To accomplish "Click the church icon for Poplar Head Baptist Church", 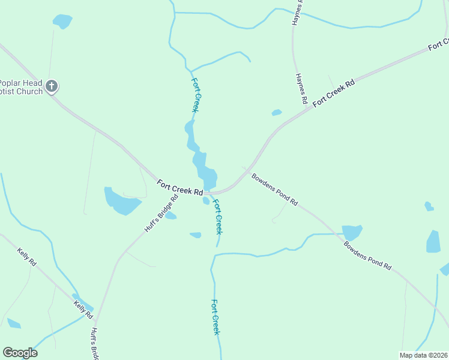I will pyautogui.click(x=52, y=86).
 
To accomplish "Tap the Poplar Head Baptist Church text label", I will pyautogui.click(x=22, y=87).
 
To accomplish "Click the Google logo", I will pyautogui.click(x=20, y=352).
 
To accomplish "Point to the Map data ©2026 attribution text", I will pyautogui.click(x=423, y=355).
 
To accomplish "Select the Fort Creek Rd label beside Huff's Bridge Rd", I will pyautogui.click(x=179, y=188).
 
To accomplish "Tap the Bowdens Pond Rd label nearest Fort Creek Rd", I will pyautogui.click(x=274, y=190).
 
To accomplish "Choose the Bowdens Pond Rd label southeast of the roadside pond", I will pyautogui.click(x=367, y=255).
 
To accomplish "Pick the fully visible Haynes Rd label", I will pyautogui.click(x=301, y=88).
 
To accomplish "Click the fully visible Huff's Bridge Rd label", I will pyautogui.click(x=161, y=214).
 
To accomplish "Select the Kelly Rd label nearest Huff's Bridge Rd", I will pyautogui.click(x=83, y=310).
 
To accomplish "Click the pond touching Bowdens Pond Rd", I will pyautogui.click(x=351, y=232).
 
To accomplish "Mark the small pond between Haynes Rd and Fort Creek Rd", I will pyautogui.click(x=277, y=112).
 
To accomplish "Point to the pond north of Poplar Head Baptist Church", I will pyautogui.click(x=62, y=22).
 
